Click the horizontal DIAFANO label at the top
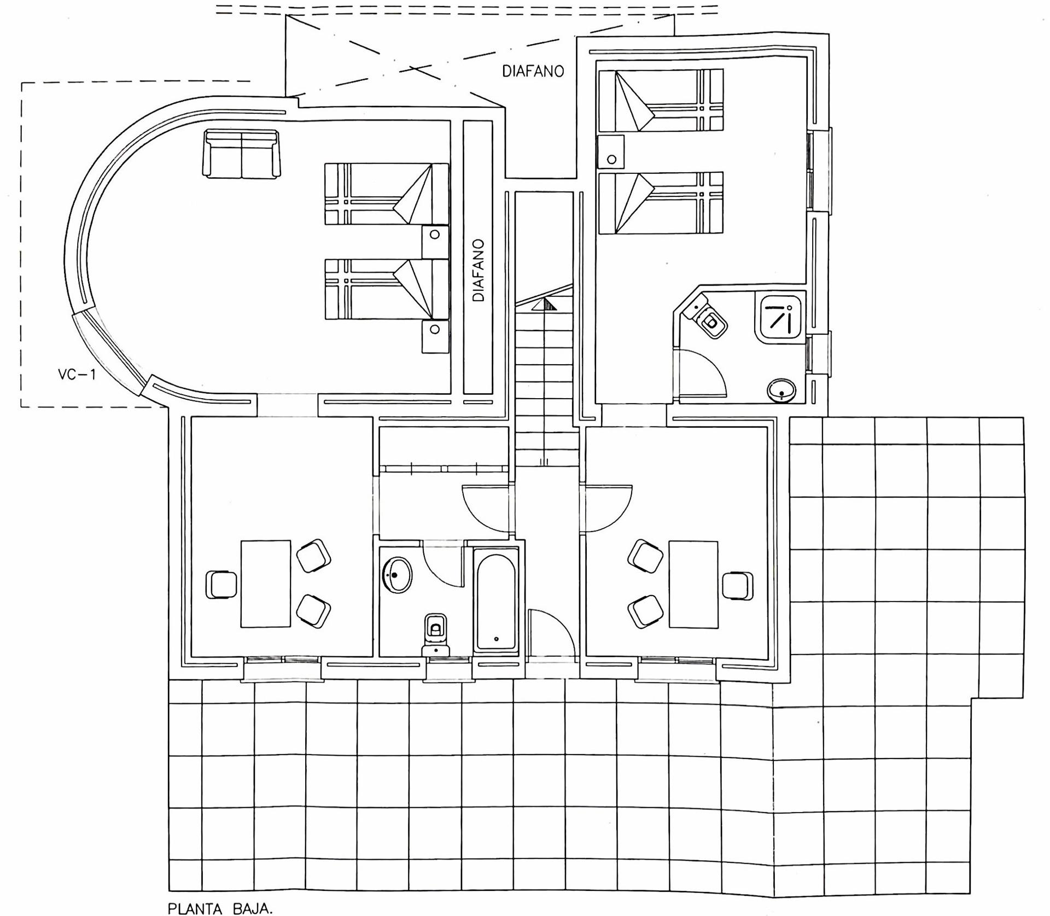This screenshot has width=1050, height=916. point(533,72)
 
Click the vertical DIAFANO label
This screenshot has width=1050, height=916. point(479,270)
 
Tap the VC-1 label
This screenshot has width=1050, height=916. point(77,375)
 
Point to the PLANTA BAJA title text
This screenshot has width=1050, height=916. point(220,908)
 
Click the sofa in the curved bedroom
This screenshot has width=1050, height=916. point(241,154)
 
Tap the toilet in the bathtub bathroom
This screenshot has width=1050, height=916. point(435,634)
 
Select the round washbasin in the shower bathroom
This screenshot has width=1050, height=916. point(782,390)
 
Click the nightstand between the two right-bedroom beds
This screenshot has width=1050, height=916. point(611,151)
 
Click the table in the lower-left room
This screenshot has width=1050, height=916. point(266,584)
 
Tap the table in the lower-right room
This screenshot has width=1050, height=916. point(693,585)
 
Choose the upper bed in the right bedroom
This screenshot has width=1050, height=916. point(661,100)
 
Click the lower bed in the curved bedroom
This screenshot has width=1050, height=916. point(387,289)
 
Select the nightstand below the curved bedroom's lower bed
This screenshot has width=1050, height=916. point(435,336)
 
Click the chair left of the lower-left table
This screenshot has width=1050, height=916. point(221,585)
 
